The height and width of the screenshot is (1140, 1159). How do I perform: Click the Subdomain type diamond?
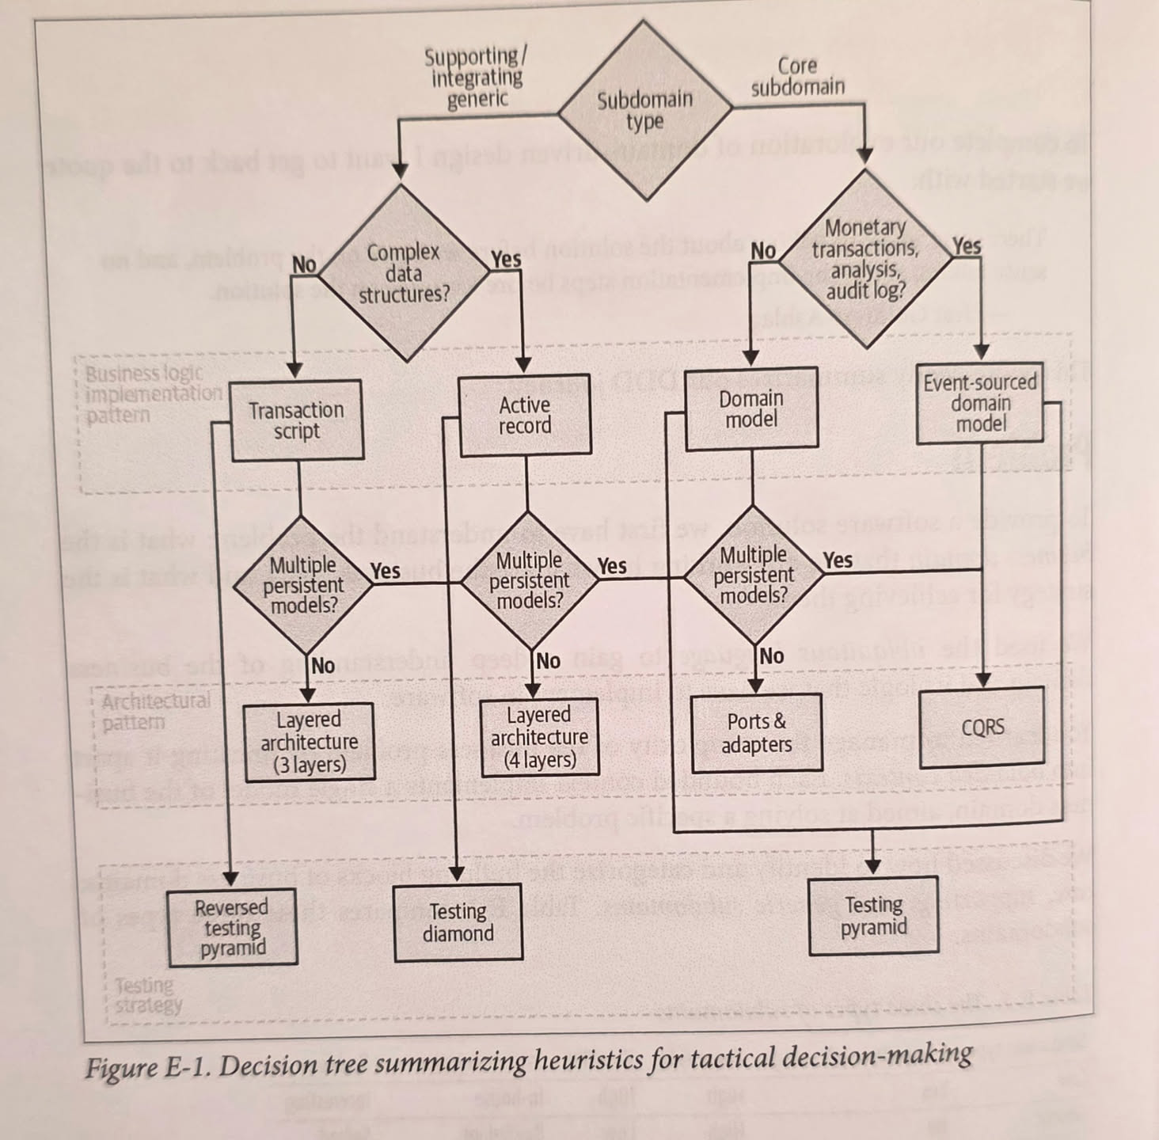click(x=644, y=110)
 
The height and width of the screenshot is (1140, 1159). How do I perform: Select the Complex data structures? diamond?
click(x=405, y=273)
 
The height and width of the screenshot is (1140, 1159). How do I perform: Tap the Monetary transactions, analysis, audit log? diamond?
click(x=865, y=260)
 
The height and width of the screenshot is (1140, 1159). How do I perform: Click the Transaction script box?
click(x=296, y=420)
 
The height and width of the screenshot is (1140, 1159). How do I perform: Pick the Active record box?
click(x=525, y=416)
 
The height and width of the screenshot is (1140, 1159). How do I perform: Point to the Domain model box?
click(x=751, y=409)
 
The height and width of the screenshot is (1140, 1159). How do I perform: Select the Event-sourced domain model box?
click(x=980, y=403)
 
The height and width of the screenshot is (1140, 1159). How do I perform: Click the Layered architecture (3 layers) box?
click(x=309, y=742)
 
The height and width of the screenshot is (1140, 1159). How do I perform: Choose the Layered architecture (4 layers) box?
click(x=539, y=737)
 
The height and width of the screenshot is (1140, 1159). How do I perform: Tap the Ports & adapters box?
click(x=756, y=733)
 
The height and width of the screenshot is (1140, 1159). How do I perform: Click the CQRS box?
click(x=982, y=728)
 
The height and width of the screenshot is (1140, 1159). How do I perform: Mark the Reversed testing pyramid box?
click(x=232, y=927)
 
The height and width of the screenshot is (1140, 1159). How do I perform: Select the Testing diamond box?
click(x=458, y=923)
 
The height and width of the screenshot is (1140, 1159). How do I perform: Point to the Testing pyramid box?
click(x=873, y=916)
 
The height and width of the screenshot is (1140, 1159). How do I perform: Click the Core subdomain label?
click(x=797, y=76)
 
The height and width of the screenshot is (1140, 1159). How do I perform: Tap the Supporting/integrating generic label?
click(x=476, y=78)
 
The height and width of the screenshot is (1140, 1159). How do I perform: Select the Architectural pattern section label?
click(x=155, y=711)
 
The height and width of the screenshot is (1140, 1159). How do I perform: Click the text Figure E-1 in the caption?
click(x=147, y=1068)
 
